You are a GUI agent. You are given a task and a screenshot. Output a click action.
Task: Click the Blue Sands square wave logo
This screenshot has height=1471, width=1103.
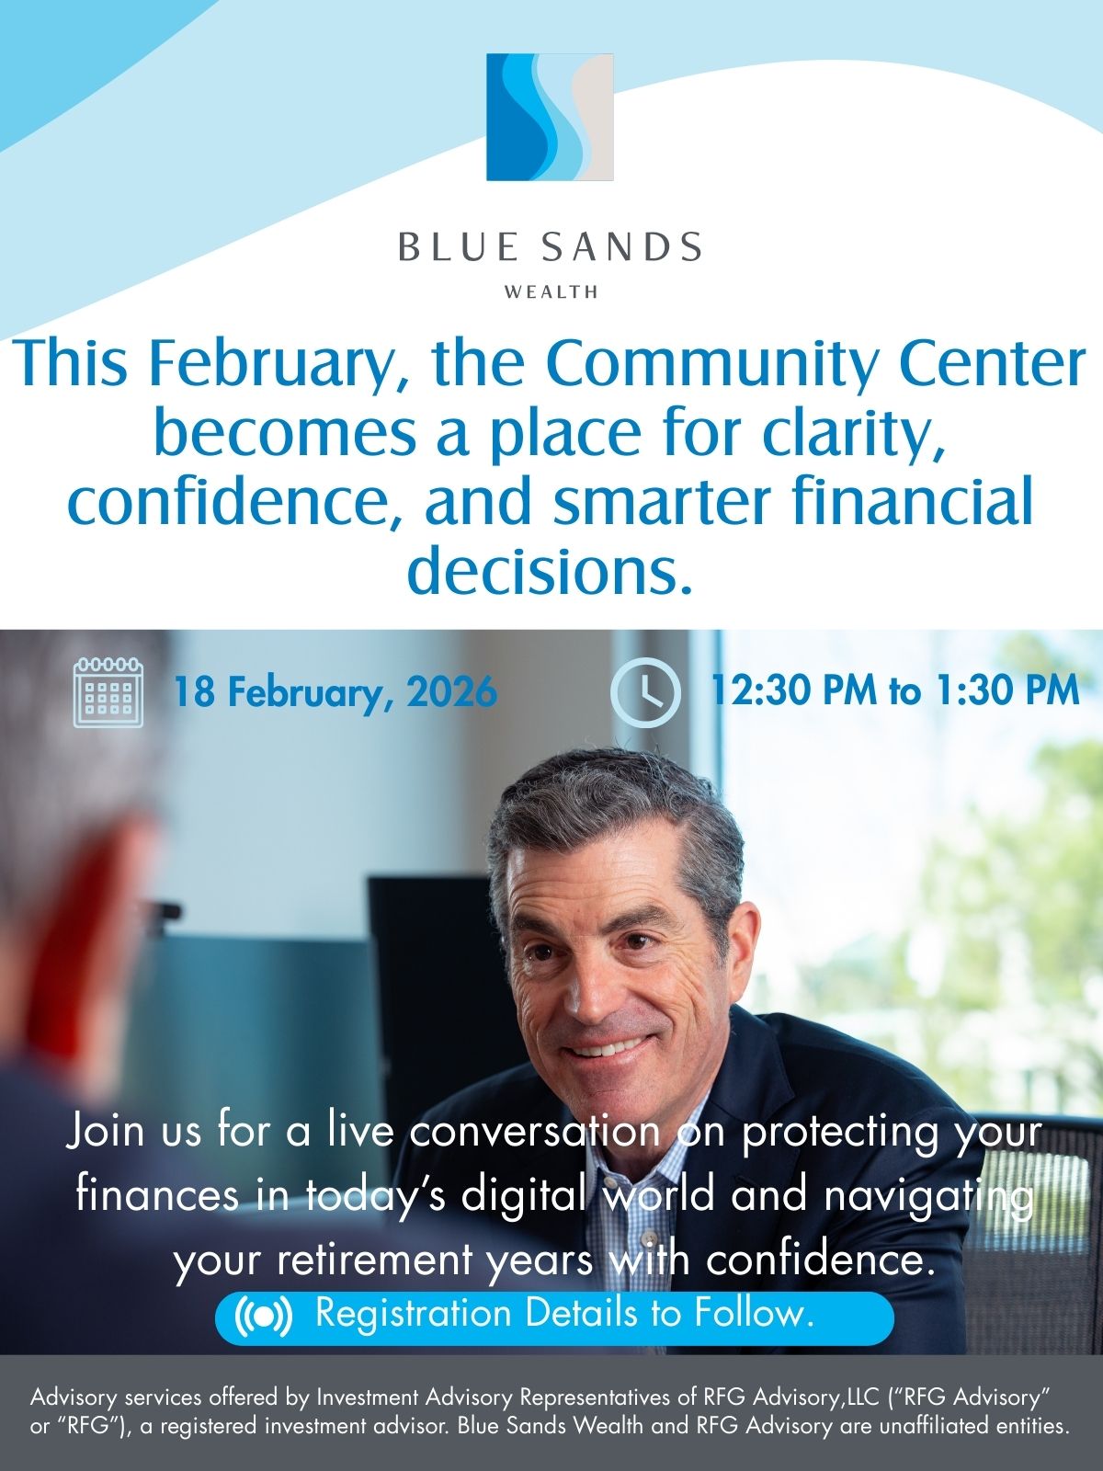[550, 117]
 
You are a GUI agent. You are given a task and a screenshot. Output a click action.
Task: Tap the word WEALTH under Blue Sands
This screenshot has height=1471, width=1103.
[551, 292]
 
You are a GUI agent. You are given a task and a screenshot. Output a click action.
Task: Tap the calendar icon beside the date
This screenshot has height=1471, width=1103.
[108, 692]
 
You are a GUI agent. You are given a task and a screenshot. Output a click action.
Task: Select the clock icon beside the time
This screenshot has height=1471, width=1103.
[645, 692]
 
